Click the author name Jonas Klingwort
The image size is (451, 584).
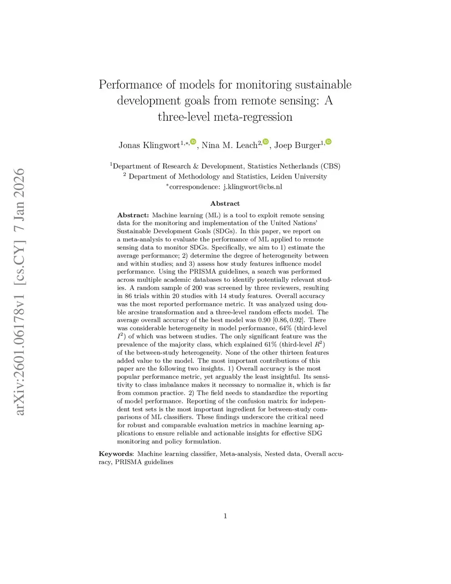(x=149, y=145)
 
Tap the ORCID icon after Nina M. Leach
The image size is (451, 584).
(x=266, y=141)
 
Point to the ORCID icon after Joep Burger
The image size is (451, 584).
(x=328, y=141)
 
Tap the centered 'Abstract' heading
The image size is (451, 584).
(x=225, y=203)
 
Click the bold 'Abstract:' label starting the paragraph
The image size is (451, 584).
(x=133, y=215)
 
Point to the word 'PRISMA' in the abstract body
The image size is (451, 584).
(x=203, y=272)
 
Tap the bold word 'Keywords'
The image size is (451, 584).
(x=116, y=454)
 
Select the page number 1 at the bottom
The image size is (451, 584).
(x=225, y=516)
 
